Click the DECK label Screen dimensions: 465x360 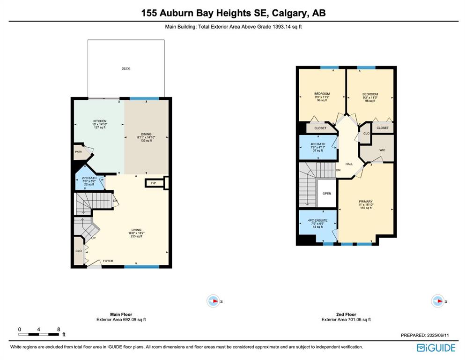[x=126, y=68]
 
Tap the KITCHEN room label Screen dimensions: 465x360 [x=100, y=121]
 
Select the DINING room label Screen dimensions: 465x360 [x=146, y=134]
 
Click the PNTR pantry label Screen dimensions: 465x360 [x=78, y=152]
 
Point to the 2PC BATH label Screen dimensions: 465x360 [x=89, y=178]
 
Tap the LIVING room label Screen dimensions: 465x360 [x=136, y=230]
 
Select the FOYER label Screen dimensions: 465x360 [x=108, y=261]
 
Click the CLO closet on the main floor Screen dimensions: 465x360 [x=79, y=251]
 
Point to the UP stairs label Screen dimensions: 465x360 [x=93, y=238]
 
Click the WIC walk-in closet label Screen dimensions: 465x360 [x=382, y=150]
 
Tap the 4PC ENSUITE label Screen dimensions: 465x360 [x=317, y=220]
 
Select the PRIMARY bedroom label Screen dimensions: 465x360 [x=366, y=202]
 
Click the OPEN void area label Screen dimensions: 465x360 [x=327, y=194]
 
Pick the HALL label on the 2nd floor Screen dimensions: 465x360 [x=349, y=164]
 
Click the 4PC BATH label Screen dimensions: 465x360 [x=318, y=144]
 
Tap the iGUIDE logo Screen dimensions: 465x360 [x=436, y=348]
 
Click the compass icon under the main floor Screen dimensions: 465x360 [x=213, y=301]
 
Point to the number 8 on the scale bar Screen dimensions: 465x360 [x=59, y=329]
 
